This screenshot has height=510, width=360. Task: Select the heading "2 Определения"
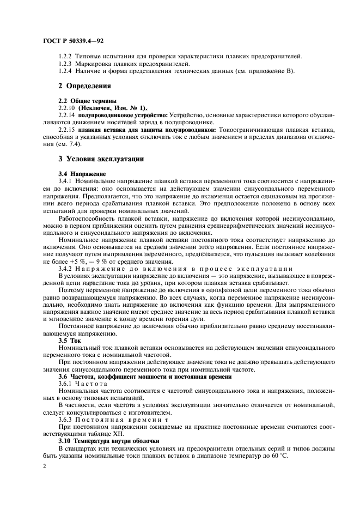click(84, 86)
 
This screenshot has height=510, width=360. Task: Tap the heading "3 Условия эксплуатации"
click(101, 160)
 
